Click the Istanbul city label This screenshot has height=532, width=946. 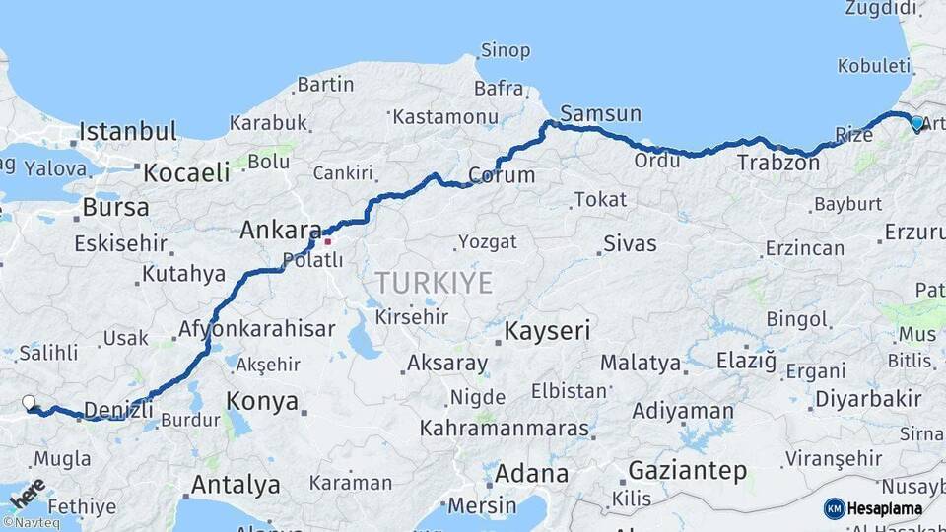[128, 131]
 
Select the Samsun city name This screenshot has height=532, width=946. [601, 113]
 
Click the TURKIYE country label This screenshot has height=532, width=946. [433, 283]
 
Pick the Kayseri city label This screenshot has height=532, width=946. [547, 331]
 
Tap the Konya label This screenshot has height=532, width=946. [262, 401]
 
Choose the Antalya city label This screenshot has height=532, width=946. [236, 485]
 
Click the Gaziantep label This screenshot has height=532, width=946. [687, 471]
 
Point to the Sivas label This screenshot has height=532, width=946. [630, 243]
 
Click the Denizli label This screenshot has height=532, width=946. [118, 409]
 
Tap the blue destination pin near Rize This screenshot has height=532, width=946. [917, 123]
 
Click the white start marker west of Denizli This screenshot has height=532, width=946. [30, 402]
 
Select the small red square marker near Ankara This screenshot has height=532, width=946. [327, 238]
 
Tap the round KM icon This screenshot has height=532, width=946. [835, 508]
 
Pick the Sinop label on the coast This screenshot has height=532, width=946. [505, 50]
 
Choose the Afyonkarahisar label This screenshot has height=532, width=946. [256, 329]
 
